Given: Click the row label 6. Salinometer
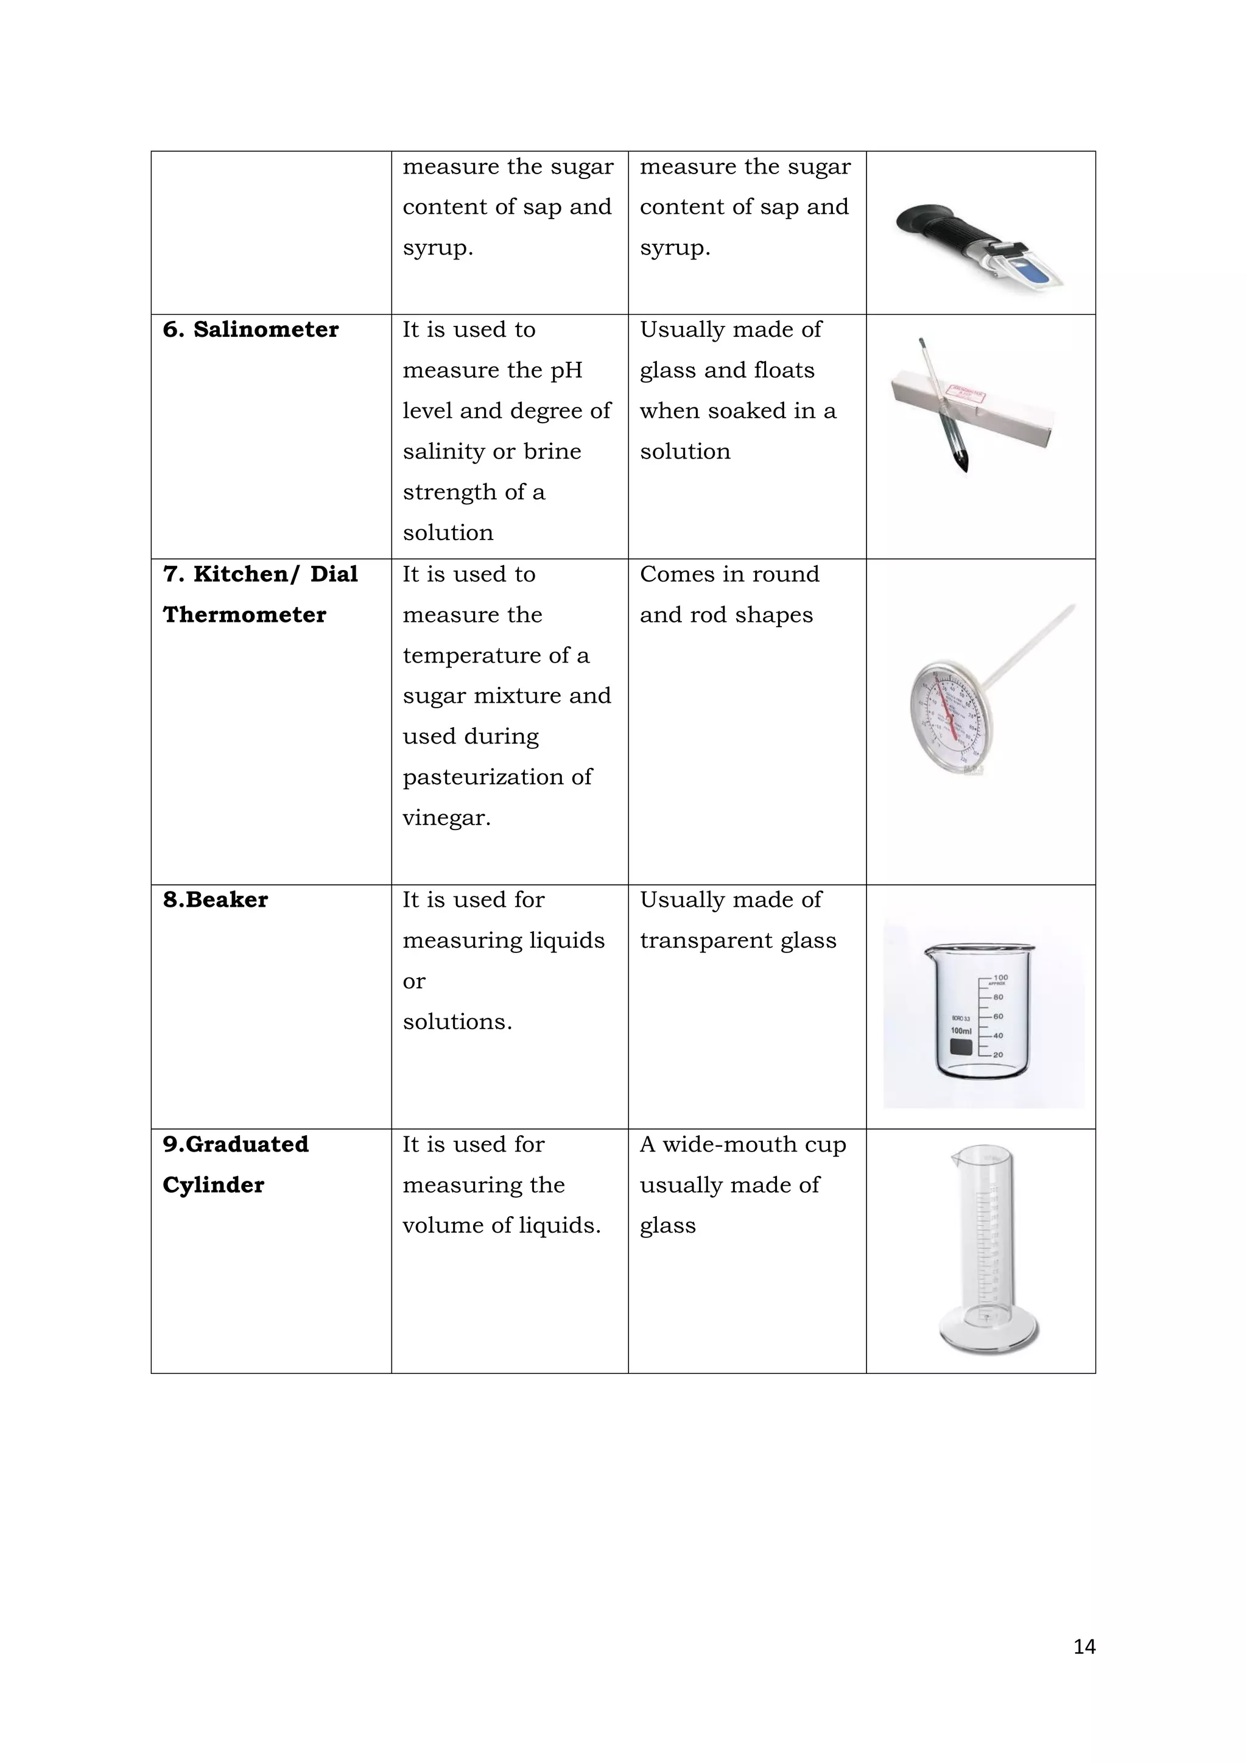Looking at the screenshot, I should click(x=250, y=329).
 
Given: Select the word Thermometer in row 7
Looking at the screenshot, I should click(x=244, y=614).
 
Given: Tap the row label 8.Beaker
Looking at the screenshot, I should click(x=215, y=899).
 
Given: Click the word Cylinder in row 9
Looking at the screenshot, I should click(x=214, y=1185).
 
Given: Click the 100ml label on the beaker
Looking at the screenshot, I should click(x=961, y=1030).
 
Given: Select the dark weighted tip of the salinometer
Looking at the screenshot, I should click(x=962, y=462).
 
